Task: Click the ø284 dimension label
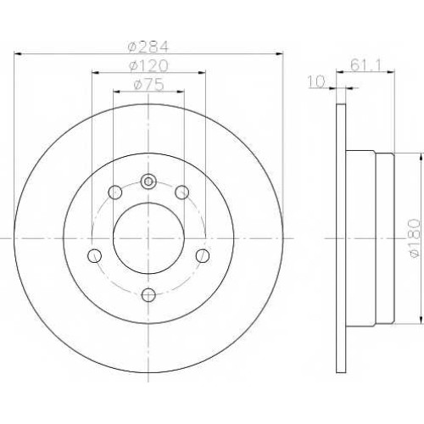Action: click(148, 47)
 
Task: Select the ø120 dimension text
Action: click(148, 66)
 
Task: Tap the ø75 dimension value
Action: click(148, 84)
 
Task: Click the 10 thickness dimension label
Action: click(317, 81)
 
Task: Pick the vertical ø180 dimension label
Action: click(415, 237)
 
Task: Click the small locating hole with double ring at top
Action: click(148, 181)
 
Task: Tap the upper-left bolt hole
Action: click(115, 192)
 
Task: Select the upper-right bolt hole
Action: click(181, 192)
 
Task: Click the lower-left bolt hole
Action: click(94, 255)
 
